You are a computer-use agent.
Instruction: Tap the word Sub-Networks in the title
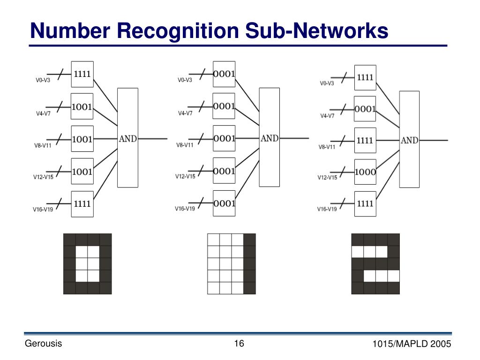pyautogui.click(x=317, y=30)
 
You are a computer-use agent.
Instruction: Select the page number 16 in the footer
pyautogui.click(x=239, y=344)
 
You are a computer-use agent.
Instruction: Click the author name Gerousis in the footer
pyautogui.click(x=43, y=344)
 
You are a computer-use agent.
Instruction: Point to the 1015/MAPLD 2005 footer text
pyautogui.click(x=412, y=344)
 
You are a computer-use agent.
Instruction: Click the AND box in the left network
pyautogui.click(x=127, y=138)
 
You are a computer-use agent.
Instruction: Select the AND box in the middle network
pyautogui.click(x=270, y=137)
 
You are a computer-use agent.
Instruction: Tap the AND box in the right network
pyautogui.click(x=409, y=139)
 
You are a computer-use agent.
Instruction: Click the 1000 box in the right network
pyautogui.click(x=365, y=172)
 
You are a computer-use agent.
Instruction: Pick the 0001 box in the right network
pyautogui.click(x=365, y=109)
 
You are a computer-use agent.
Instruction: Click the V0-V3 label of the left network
pyautogui.click(x=43, y=80)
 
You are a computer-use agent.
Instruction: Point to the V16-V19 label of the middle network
pyautogui.click(x=185, y=209)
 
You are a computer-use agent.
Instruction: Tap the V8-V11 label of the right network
pyautogui.click(x=327, y=147)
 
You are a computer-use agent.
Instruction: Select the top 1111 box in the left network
pyautogui.click(x=82, y=74)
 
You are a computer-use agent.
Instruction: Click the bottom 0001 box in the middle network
pyautogui.click(x=224, y=203)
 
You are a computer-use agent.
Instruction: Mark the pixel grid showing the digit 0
pyautogui.click(x=88, y=264)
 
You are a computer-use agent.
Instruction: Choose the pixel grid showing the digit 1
pyautogui.click(x=232, y=264)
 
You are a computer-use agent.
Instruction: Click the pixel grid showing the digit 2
pyautogui.click(x=375, y=264)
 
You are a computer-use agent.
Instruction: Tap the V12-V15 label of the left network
pyautogui.click(x=43, y=177)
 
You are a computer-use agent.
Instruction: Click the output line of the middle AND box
pyautogui.click(x=294, y=138)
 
